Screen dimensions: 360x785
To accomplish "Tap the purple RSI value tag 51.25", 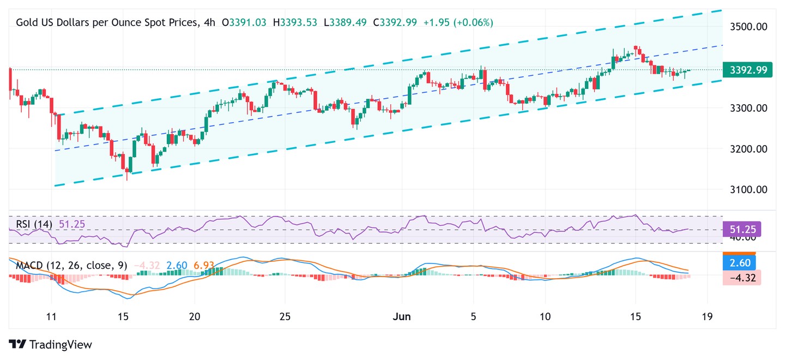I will point(741,229).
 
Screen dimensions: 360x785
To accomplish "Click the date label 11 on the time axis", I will point(52,317).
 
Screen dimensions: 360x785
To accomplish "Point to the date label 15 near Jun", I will point(635,317).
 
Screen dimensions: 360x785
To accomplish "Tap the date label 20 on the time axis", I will point(195,317).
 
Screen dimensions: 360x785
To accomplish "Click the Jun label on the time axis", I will point(402,317).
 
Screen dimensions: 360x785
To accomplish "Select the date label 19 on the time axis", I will point(708,317).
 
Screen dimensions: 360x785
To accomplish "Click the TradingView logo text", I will point(60,345).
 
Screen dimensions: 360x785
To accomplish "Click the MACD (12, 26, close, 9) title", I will point(71,266).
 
